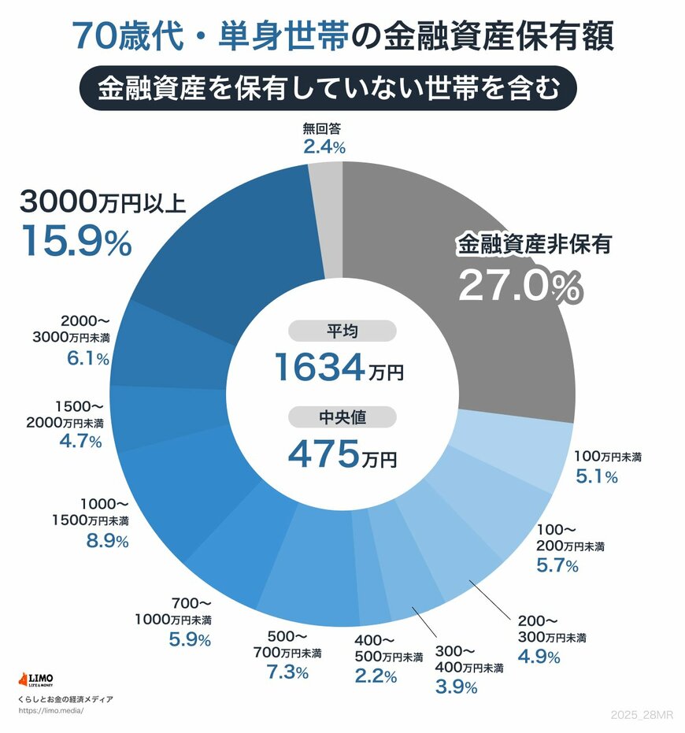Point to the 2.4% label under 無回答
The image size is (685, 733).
tap(324, 146)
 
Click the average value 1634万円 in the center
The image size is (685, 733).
tap(339, 367)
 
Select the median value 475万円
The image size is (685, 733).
tap(342, 453)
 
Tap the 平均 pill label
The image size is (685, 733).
tap(342, 331)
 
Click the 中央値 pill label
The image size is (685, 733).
tap(342, 417)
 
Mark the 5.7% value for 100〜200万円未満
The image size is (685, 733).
tap(557, 565)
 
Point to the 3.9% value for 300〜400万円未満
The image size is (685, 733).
tap(456, 687)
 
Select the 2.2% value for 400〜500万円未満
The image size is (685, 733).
tap(375, 676)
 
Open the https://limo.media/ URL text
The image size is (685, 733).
tap(50, 710)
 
